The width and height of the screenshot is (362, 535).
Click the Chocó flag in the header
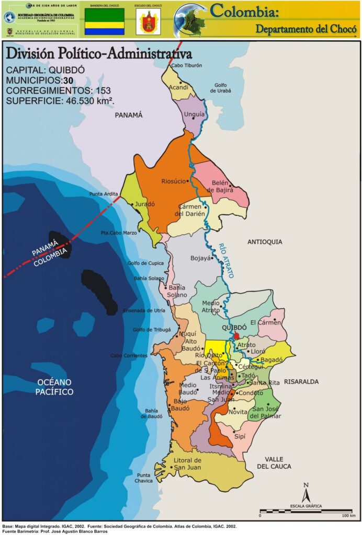(x=105, y=21)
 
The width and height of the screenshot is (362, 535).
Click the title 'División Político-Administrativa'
(x=98, y=54)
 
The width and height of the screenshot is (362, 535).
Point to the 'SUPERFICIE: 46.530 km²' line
(x=60, y=100)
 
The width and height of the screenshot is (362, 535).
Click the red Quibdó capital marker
(x=236, y=336)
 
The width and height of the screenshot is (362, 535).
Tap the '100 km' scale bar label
(x=349, y=516)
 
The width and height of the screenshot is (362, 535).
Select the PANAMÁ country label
(x=128, y=115)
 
